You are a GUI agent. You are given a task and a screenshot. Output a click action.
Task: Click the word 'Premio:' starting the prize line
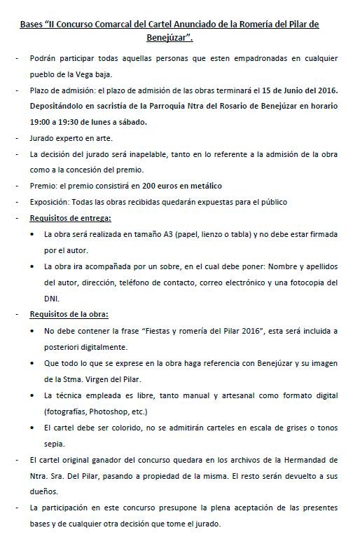[42, 186]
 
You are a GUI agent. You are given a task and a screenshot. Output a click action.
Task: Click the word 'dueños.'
[45, 491]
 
